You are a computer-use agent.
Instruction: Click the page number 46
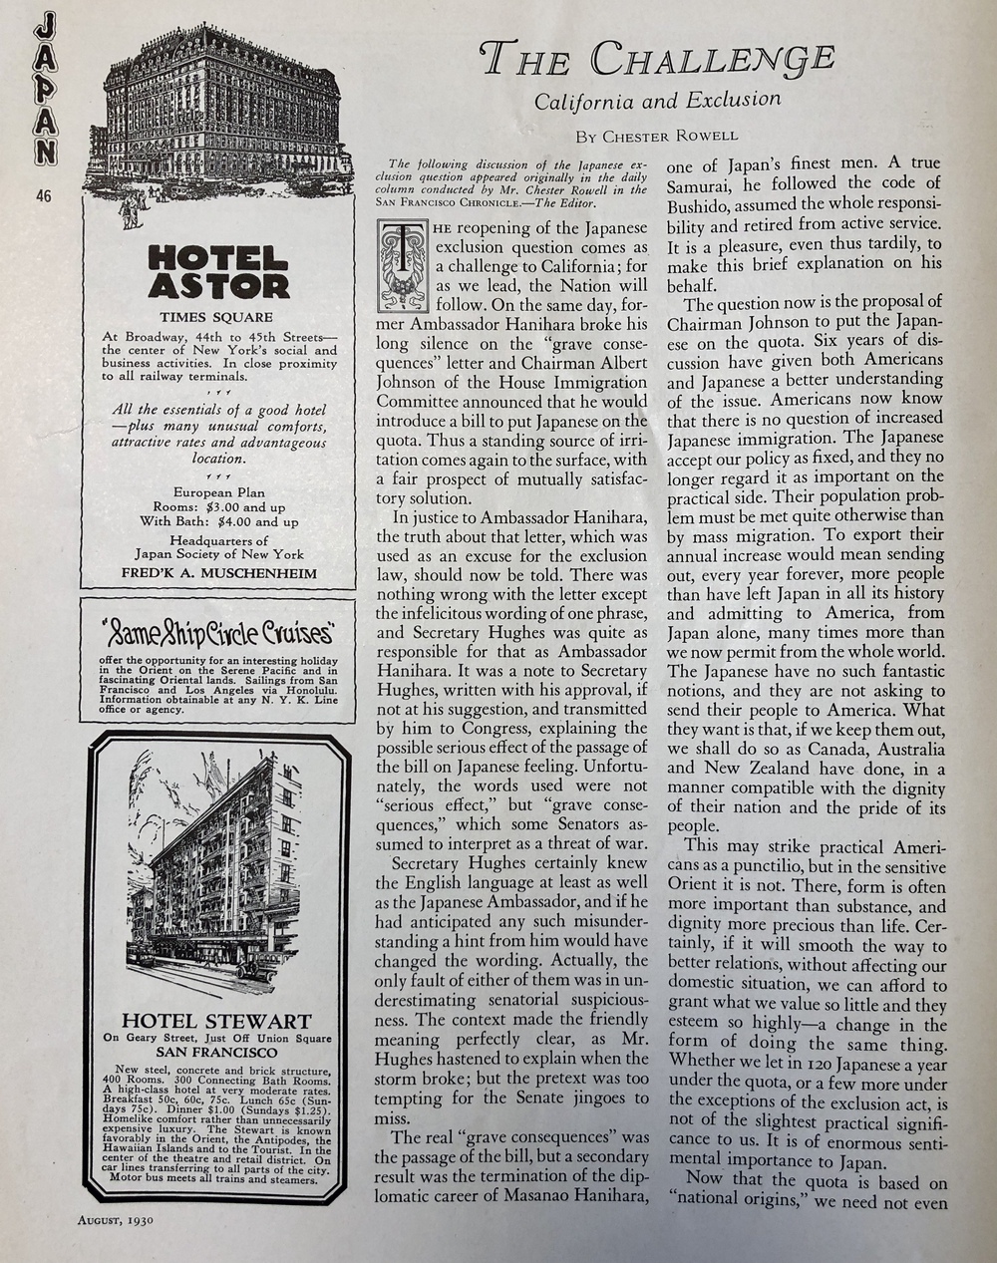(x=43, y=195)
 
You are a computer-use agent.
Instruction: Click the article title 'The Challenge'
(x=656, y=61)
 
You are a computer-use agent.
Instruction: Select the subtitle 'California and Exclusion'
(x=658, y=100)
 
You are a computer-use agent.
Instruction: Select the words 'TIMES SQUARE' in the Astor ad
(x=217, y=317)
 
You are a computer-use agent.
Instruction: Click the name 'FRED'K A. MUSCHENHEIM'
(x=218, y=573)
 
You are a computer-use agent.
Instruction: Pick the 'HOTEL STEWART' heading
(x=216, y=1022)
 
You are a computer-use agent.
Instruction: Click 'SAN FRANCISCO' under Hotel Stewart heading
(x=216, y=1053)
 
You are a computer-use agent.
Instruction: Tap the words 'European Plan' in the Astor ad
(x=217, y=491)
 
